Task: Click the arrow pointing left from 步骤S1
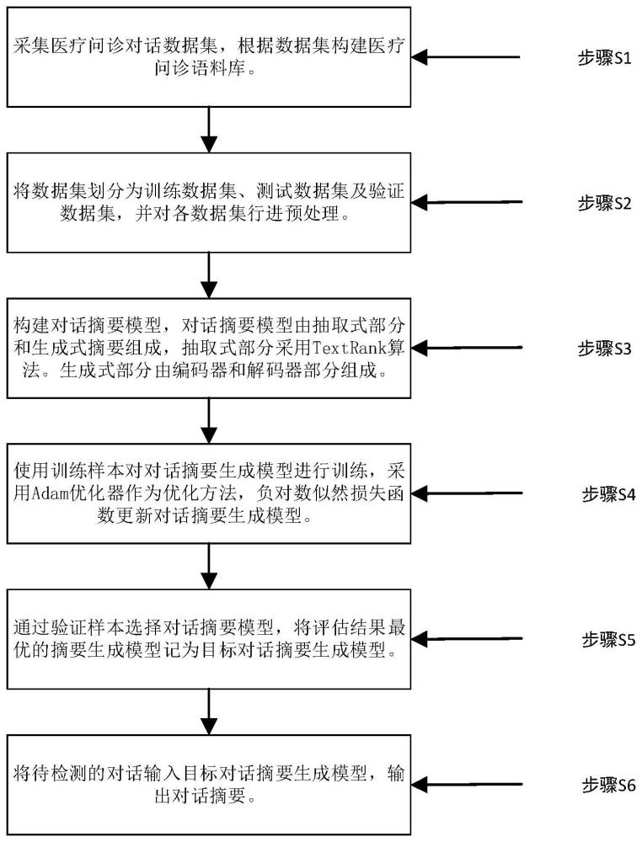tap(472, 58)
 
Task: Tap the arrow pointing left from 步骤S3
tap(472, 347)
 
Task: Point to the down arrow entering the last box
tap(208, 711)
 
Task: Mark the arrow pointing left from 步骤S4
tap(472, 493)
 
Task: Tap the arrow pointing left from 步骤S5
tap(472, 640)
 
